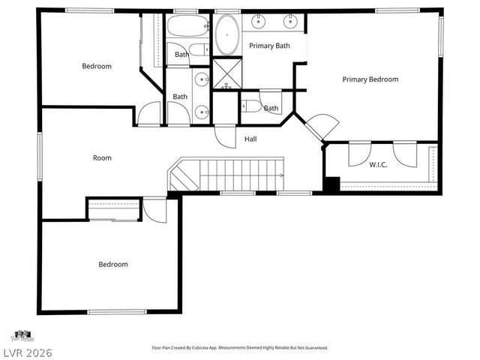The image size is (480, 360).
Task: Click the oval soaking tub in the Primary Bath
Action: pos(226,34)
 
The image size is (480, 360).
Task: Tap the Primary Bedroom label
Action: pos(370,79)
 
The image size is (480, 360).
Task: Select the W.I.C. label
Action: pos(377,164)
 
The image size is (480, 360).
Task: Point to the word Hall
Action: pos(250,139)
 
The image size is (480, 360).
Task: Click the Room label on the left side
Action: pos(102,157)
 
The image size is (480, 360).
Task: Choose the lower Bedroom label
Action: pos(113,264)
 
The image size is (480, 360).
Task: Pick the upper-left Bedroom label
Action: pos(96,66)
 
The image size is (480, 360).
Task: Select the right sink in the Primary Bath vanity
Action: pos(289,22)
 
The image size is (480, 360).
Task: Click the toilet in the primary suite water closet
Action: pos(251,106)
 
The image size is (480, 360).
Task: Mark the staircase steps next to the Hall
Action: pos(240,175)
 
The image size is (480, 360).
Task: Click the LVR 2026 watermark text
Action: pos(27,352)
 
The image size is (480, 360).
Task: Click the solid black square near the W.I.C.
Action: pos(331,184)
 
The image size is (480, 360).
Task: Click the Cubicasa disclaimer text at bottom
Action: pos(239,348)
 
